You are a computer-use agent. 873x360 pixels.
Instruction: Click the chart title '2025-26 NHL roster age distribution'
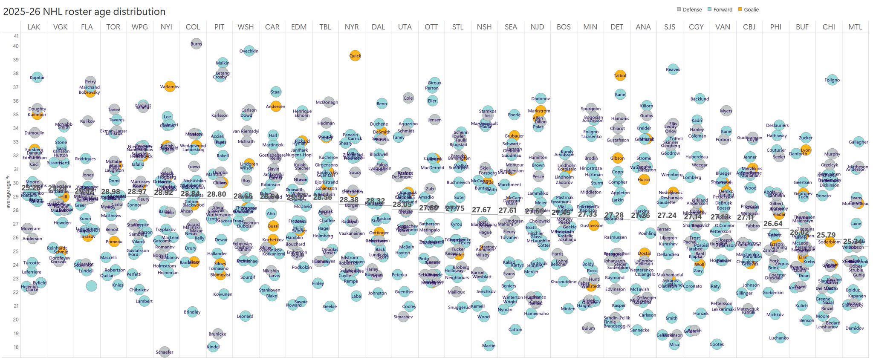[84, 12]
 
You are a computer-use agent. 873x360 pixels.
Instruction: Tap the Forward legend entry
[723, 9]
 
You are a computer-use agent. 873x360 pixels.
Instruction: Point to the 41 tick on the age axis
[16, 36]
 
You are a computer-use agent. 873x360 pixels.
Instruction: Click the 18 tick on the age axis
[16, 347]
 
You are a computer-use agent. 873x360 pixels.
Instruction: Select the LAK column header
[34, 27]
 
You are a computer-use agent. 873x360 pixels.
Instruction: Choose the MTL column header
[855, 27]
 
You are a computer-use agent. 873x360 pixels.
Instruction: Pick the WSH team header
[246, 27]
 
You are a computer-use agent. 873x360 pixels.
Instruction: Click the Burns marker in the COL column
[196, 43]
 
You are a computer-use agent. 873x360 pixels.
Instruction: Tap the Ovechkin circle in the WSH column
[249, 51]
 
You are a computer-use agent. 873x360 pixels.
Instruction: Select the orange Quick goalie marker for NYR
[355, 55]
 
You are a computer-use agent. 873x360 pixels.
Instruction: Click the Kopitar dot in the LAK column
[37, 78]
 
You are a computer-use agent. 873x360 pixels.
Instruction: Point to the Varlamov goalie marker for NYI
[170, 87]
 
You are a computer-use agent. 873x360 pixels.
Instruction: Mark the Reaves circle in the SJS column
[673, 69]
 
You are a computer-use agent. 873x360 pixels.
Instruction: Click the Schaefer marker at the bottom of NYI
[165, 352]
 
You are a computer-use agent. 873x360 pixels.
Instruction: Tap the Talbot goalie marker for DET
[620, 76]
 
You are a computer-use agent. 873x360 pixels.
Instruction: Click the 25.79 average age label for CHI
[827, 235]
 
